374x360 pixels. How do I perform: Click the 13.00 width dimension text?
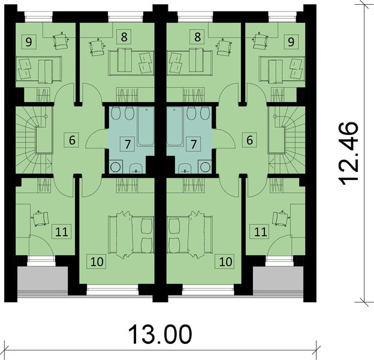tap(159, 333)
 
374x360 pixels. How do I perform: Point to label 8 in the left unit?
tap(124, 37)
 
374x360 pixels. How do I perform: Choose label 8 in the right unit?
tap(197, 37)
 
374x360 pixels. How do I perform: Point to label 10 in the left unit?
tap(96, 261)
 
